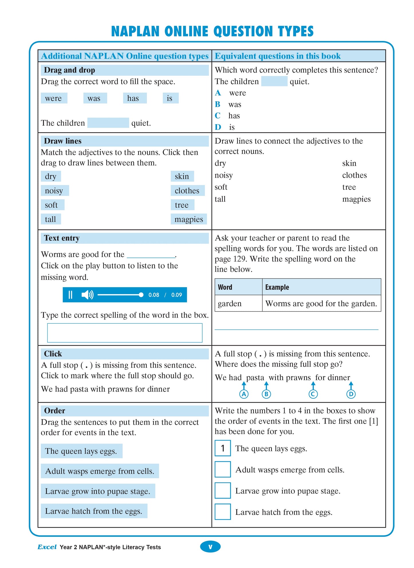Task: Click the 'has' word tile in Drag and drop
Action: point(134,98)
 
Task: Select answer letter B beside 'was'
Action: point(218,104)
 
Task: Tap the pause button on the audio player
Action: point(70,295)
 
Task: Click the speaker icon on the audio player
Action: point(87,295)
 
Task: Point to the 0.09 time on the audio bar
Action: point(176,295)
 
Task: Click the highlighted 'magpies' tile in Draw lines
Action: point(189,219)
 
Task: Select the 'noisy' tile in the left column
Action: point(54,190)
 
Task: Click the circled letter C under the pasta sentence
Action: point(313,394)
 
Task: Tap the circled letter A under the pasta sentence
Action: point(244,394)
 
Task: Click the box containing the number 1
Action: point(223,448)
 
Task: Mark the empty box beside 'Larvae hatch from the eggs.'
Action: point(223,512)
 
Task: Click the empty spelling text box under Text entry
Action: point(125,333)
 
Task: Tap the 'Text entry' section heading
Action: point(62,238)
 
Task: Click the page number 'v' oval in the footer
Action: point(210,547)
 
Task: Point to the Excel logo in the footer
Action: point(47,547)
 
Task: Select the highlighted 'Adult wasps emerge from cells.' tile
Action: point(100,471)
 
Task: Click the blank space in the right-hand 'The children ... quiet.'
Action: point(274,81)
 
